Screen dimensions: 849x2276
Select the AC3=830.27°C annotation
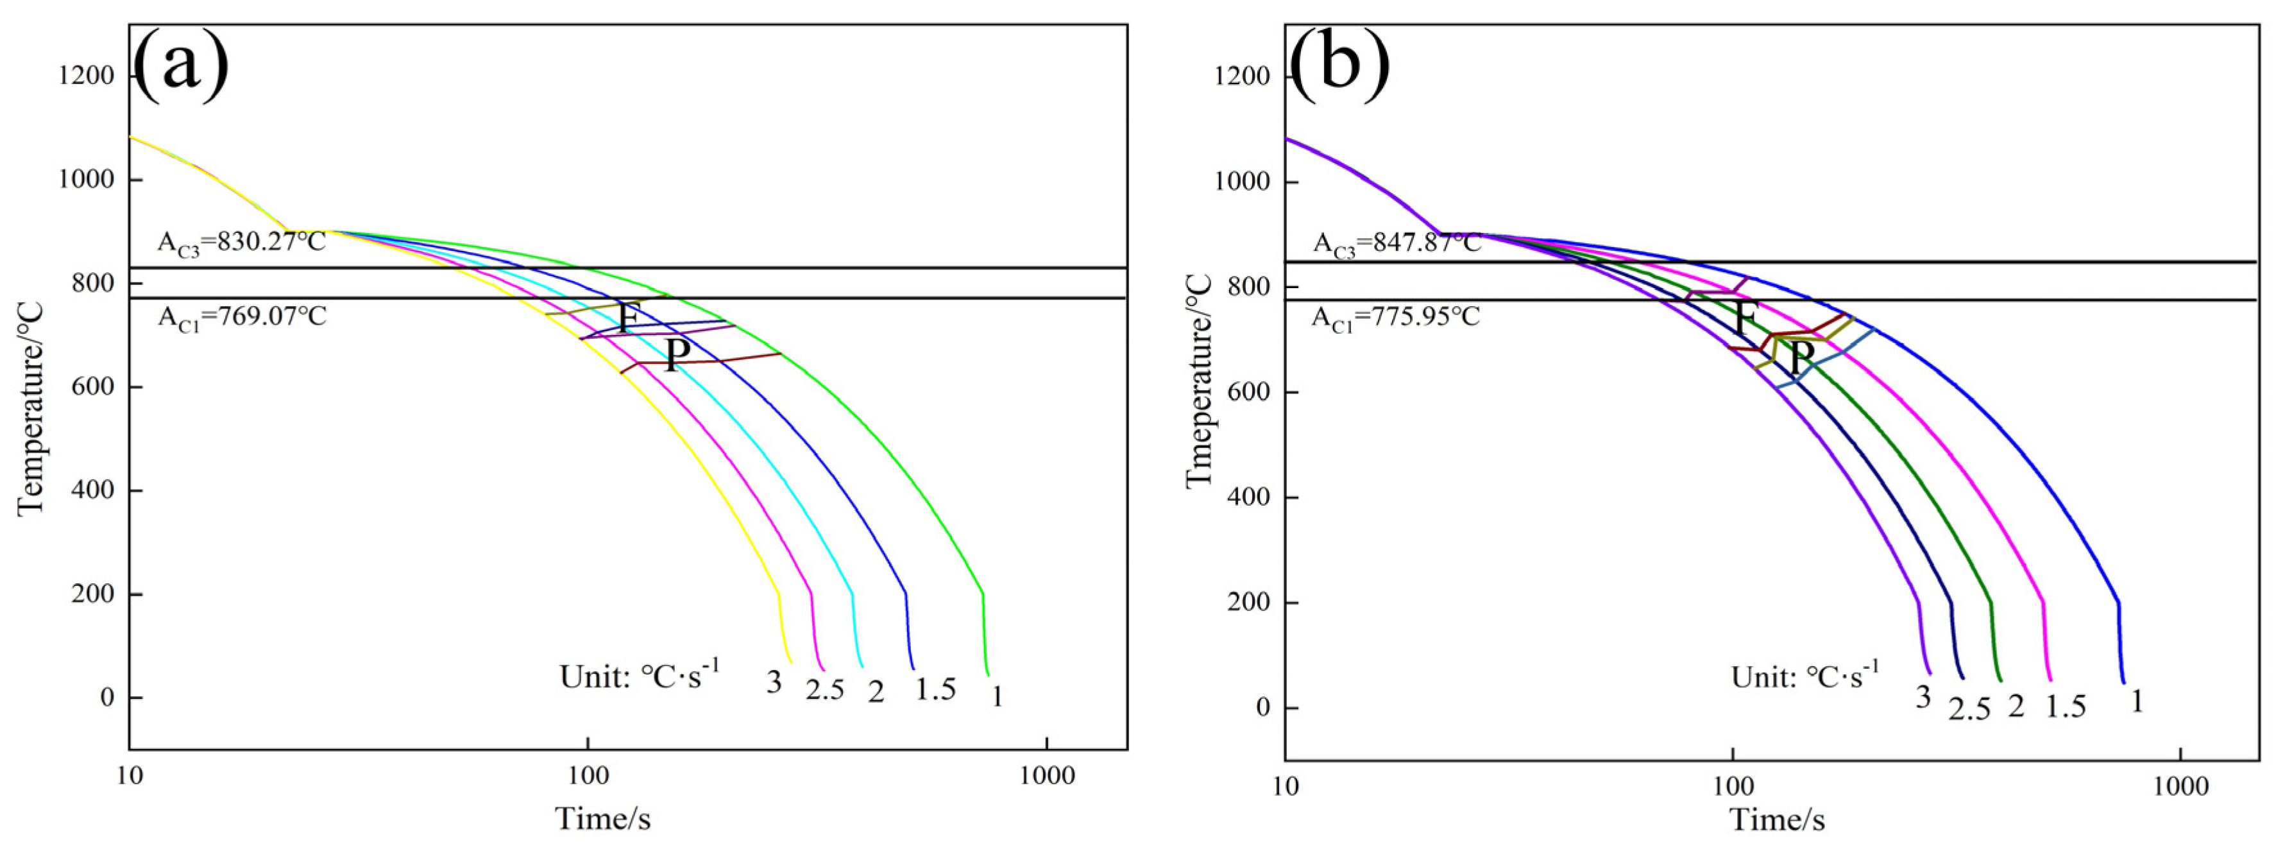tap(241, 241)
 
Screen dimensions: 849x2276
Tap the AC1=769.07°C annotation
tap(241, 316)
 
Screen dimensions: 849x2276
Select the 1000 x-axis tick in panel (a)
tap(1046, 776)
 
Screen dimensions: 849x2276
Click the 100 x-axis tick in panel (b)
tap(1733, 785)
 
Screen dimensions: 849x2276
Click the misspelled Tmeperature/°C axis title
tap(1199, 380)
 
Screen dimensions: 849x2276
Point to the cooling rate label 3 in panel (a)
tap(774, 682)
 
